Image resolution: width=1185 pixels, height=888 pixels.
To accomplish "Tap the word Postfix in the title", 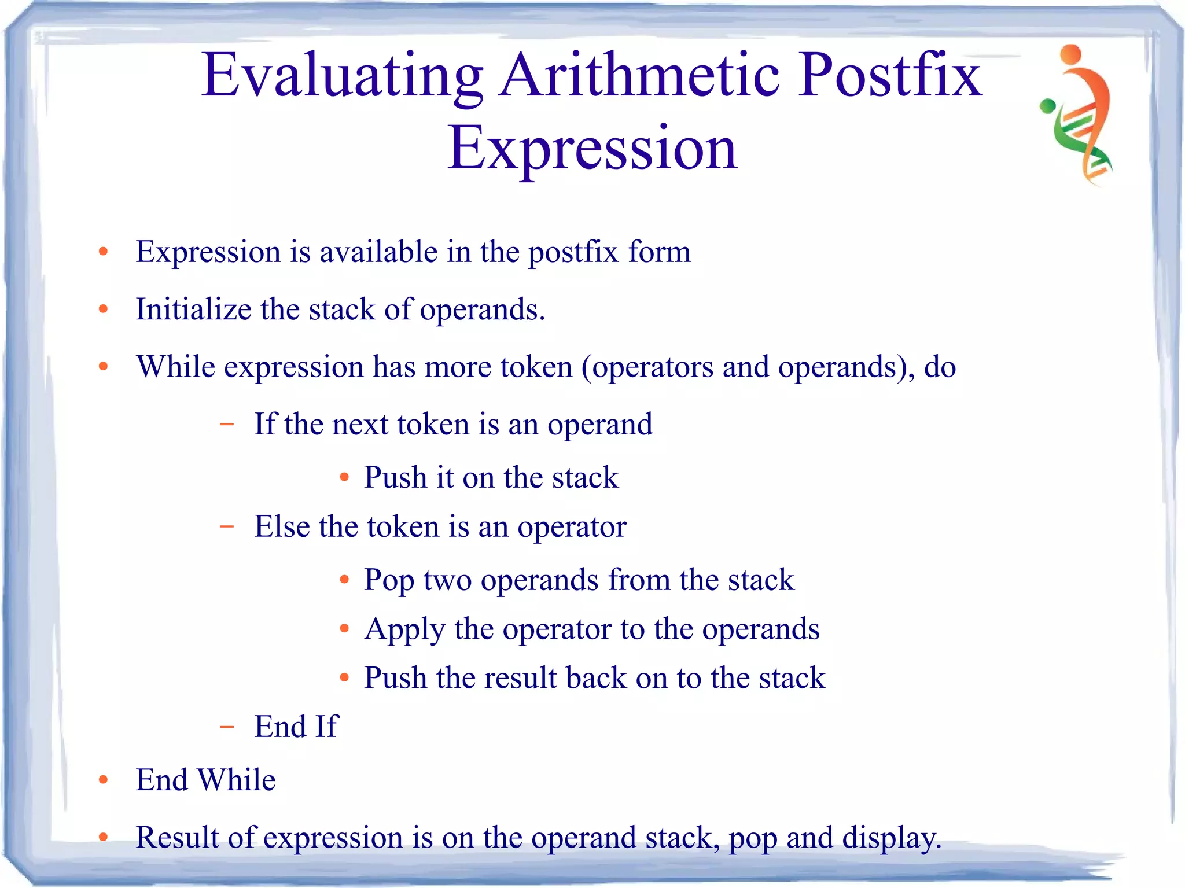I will point(891,75).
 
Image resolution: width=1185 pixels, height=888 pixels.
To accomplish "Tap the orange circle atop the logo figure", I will point(1072,54).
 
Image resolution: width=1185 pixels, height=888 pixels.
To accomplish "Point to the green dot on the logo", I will point(1048,106).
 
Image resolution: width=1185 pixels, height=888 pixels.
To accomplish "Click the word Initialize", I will point(193,309).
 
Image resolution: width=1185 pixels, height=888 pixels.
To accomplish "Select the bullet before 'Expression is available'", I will point(104,252).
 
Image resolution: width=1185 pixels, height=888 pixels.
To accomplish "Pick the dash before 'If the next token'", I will point(227,425).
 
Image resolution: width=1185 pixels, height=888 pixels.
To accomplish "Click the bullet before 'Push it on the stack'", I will point(345,478).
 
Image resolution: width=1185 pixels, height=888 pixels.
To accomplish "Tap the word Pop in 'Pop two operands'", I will point(389,580).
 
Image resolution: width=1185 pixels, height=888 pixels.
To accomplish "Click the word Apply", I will point(404,629).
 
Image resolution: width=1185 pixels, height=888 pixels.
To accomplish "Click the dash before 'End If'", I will point(227,727).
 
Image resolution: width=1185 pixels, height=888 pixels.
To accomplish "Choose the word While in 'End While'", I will point(237,780).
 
